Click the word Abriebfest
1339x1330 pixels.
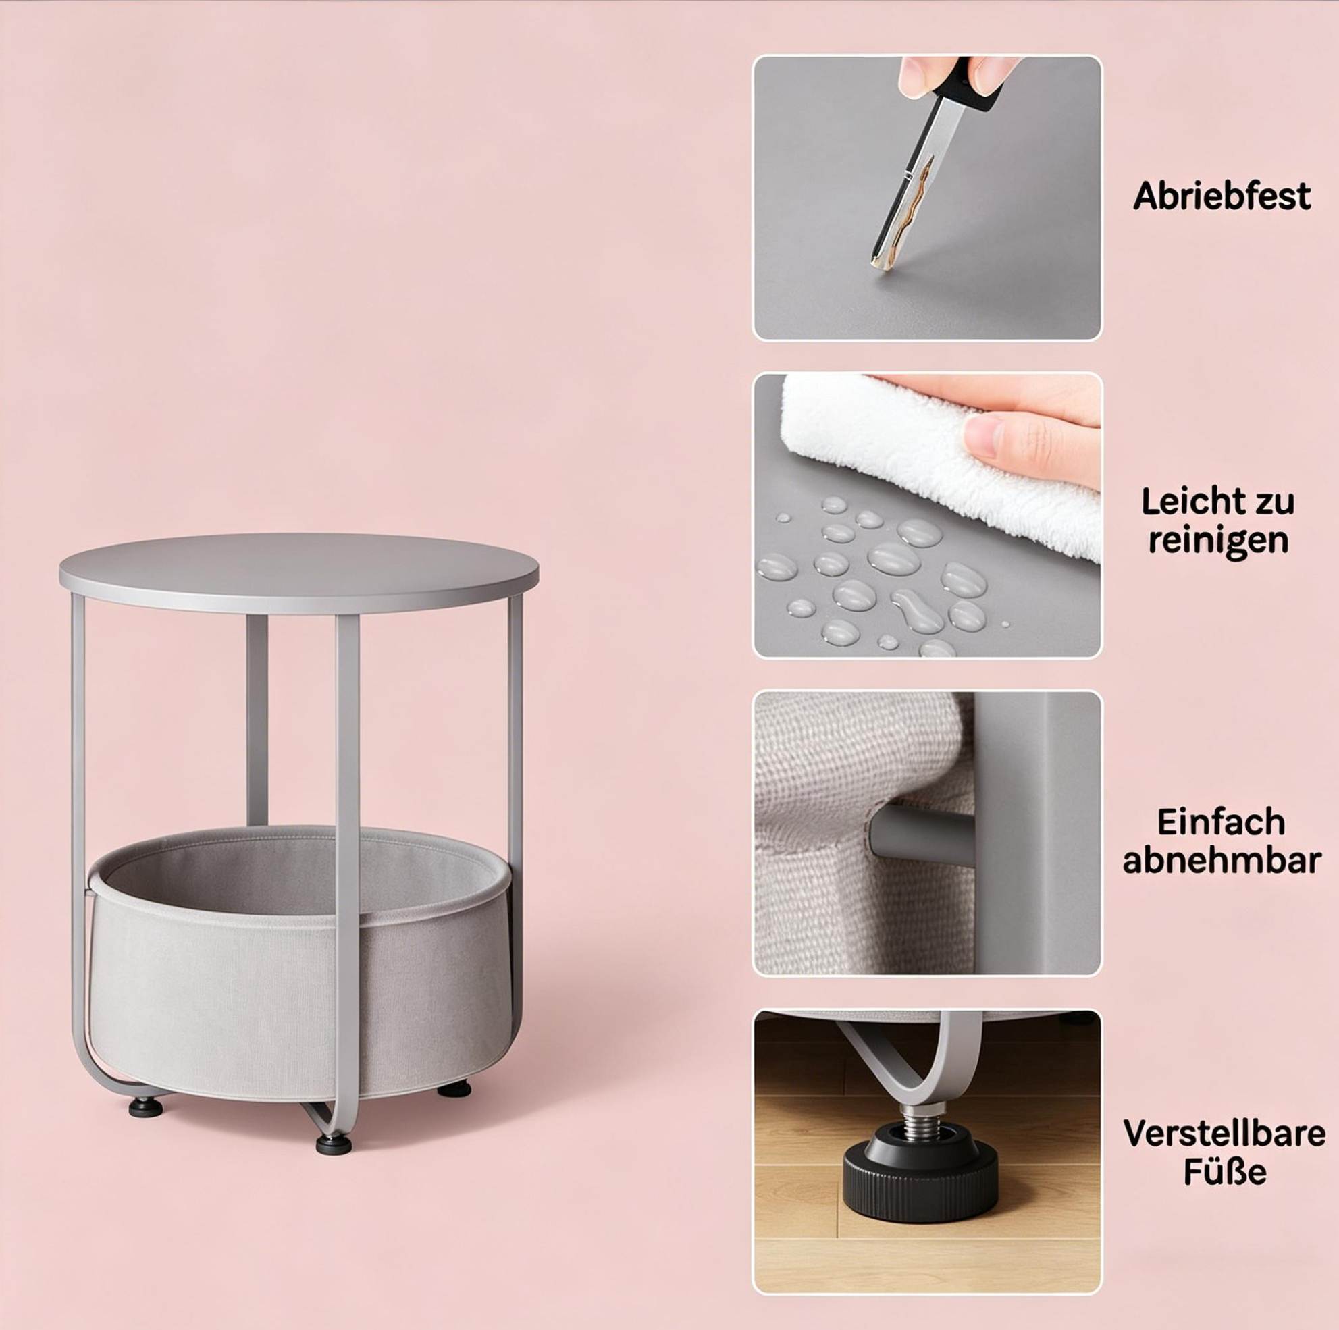click(x=1222, y=196)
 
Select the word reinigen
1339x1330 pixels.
click(x=1218, y=541)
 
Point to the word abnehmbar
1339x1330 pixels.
click(x=1222, y=861)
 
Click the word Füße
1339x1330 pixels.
click(x=1225, y=1173)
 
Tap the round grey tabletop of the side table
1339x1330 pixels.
click(x=298, y=572)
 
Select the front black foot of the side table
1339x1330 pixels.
click(x=334, y=1144)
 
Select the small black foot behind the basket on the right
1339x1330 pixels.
click(x=454, y=1090)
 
